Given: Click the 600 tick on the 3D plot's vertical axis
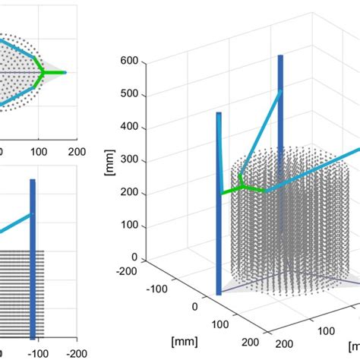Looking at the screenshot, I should (129, 62).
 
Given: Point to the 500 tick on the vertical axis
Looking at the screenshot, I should (129, 94).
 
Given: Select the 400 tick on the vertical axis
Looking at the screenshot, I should (129, 127).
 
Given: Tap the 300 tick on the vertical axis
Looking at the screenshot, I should (129, 160).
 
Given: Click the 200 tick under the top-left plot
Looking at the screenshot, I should (77, 153).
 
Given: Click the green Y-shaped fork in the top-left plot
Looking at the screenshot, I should (41, 73).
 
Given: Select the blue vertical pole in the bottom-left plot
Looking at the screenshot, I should (33, 258).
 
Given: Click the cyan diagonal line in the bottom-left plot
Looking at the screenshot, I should (15, 223).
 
